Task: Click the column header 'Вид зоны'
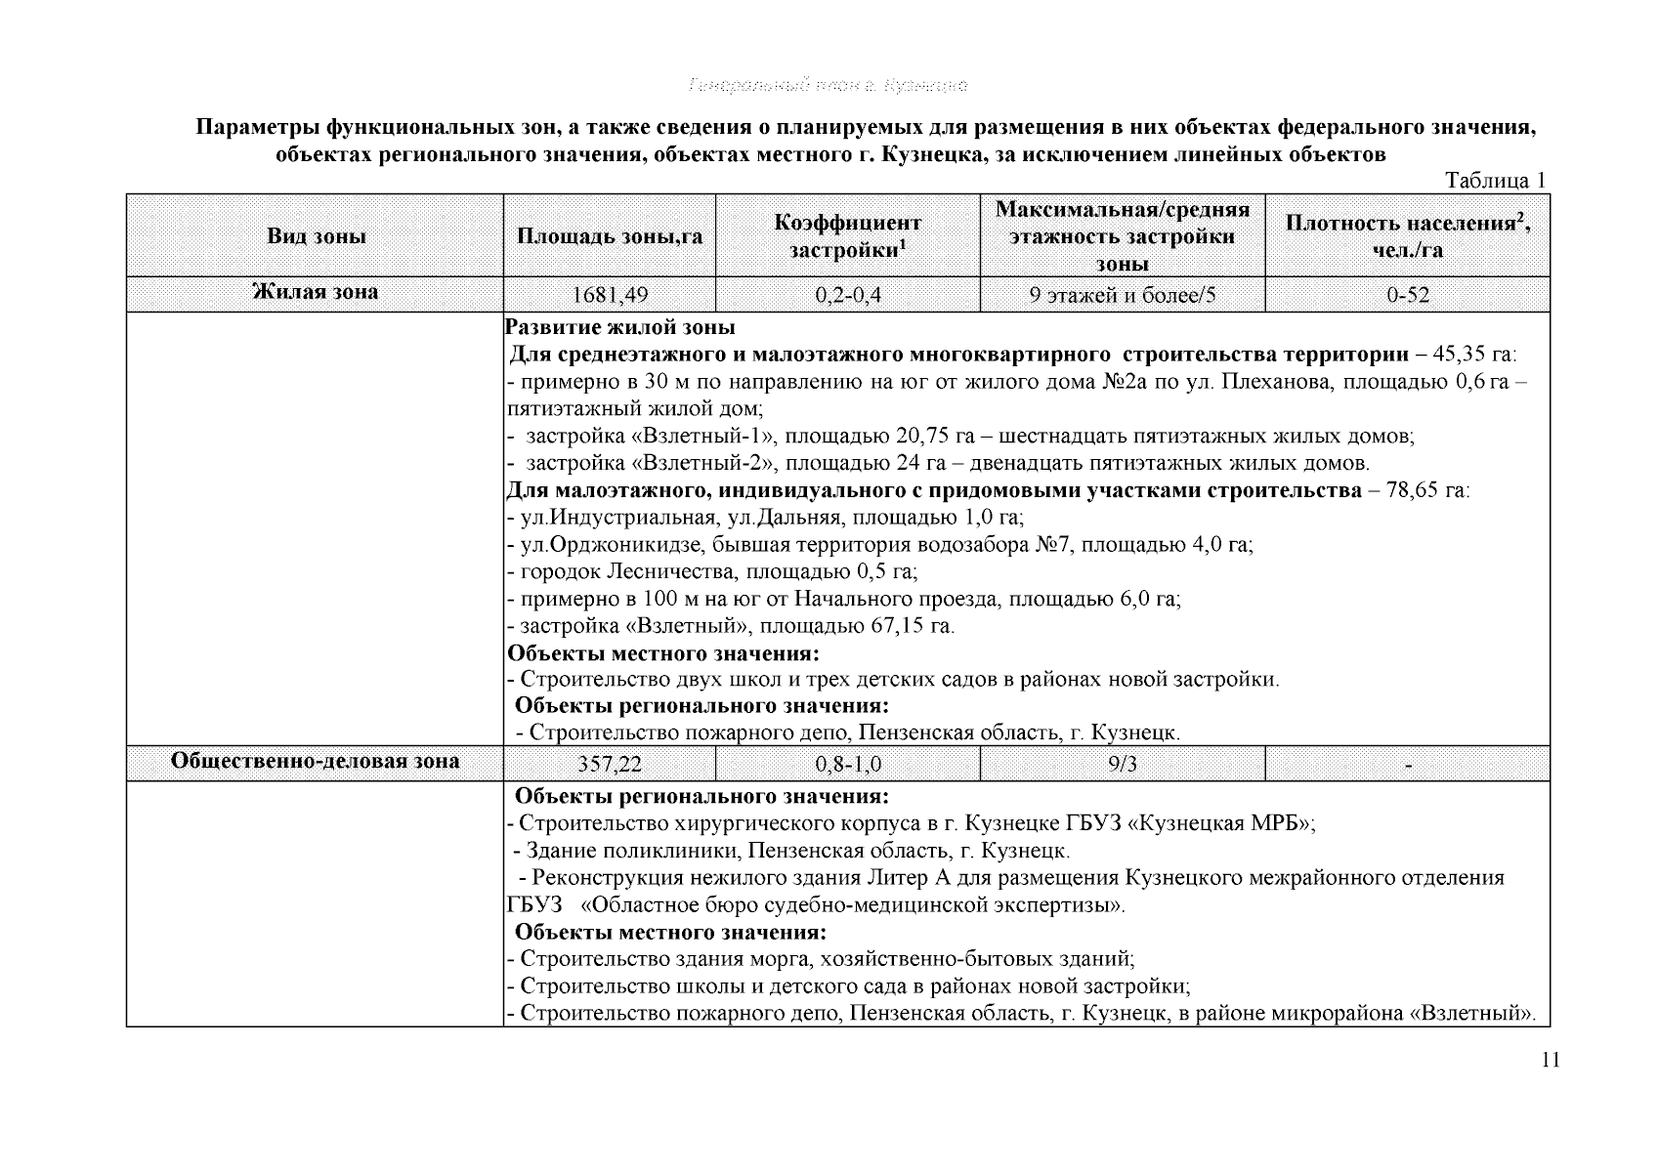click(316, 236)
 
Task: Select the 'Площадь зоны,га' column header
click(610, 236)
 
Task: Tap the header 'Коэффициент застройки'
click(847, 236)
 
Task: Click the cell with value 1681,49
click(610, 295)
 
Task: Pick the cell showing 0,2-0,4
click(847, 295)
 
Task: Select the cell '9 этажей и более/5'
click(1122, 295)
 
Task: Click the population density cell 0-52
click(1407, 295)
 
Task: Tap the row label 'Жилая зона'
click(316, 292)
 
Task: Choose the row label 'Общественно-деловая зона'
click(316, 761)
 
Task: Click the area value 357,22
click(610, 764)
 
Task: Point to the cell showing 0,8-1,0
click(847, 764)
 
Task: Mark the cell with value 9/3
click(1122, 764)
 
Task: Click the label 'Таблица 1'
click(1495, 181)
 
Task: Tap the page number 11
click(1550, 1062)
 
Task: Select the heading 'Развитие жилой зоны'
click(621, 327)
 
